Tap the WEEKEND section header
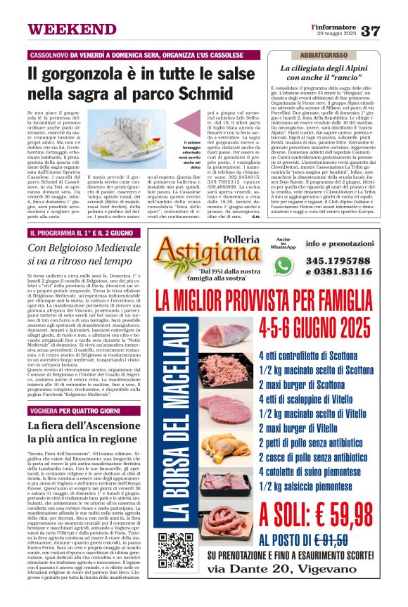coord(63,30)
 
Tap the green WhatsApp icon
coord(283,265)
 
